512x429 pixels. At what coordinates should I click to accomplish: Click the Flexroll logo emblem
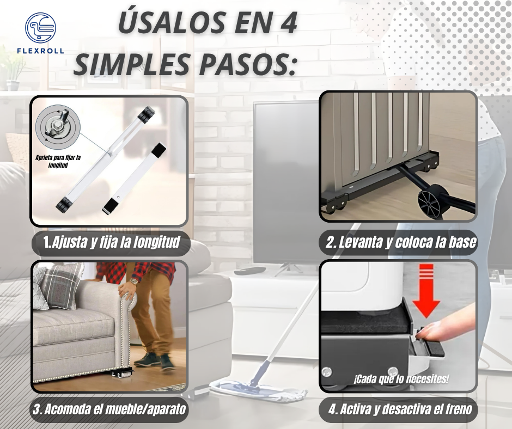tap(40, 28)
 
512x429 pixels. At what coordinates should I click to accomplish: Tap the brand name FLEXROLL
tap(40, 51)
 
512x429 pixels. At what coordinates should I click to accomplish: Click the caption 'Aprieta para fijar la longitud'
tap(58, 161)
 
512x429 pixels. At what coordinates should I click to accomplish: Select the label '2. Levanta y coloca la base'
tap(401, 242)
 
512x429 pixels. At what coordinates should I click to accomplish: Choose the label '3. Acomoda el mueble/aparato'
tap(109, 409)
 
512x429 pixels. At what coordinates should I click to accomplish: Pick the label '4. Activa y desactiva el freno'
tap(400, 409)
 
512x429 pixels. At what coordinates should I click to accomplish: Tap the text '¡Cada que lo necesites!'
tap(401, 379)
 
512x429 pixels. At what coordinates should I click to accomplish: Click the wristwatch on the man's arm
tap(133, 282)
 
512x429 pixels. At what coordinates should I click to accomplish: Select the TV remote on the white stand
tap(250, 271)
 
